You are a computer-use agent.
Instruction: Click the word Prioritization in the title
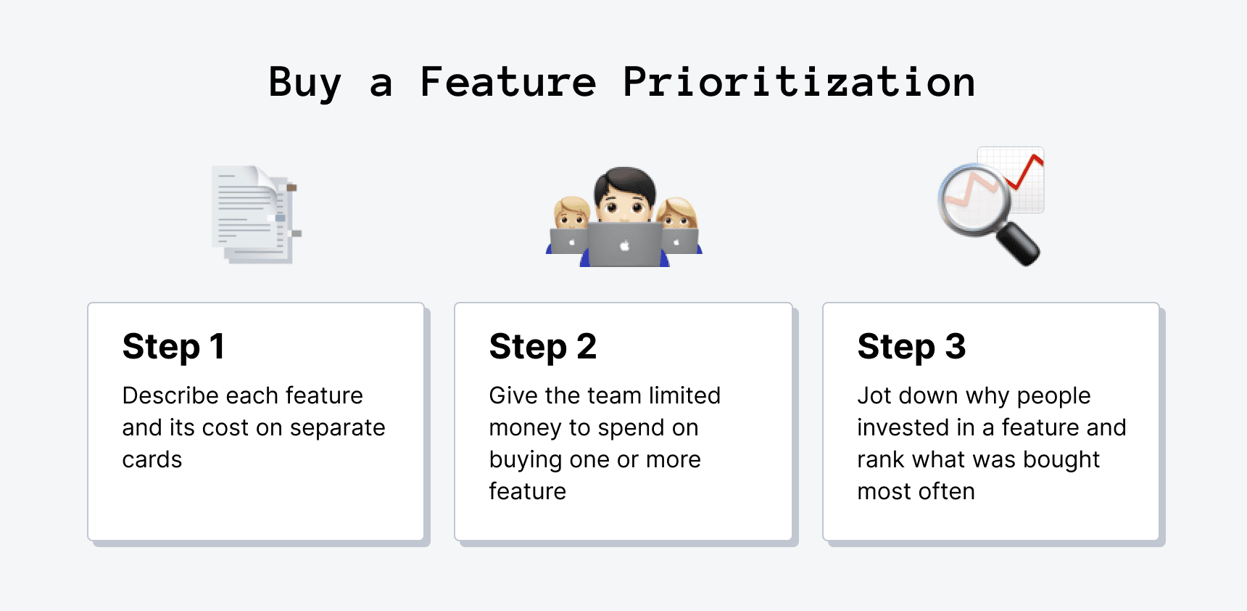[x=798, y=81]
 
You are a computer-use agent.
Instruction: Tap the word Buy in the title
[x=304, y=83]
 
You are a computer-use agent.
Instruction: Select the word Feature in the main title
[x=507, y=81]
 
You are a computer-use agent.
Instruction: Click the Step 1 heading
[x=173, y=346]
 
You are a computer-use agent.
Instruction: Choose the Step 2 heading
[x=542, y=346]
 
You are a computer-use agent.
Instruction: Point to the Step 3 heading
[x=911, y=346]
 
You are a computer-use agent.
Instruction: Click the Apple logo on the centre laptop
[x=625, y=246]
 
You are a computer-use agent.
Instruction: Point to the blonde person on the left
[x=571, y=213]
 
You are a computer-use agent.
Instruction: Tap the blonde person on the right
[x=678, y=213]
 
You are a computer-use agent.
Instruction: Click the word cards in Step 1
[x=152, y=459]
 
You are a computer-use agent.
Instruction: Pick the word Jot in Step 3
[x=874, y=395]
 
